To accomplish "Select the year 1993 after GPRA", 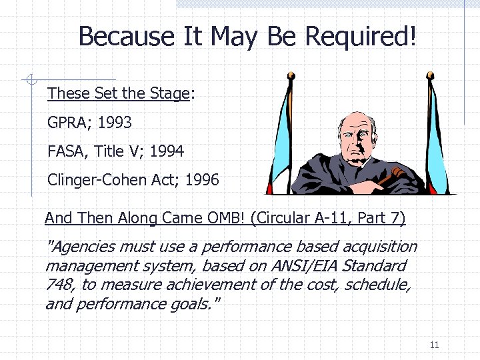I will click(115, 123).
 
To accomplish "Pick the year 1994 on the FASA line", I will click(167, 151).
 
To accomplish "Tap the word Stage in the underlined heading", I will click(169, 93).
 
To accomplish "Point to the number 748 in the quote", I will click(58, 285).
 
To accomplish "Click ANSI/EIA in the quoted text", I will click(303, 266).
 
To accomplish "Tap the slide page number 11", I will click(435, 345).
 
